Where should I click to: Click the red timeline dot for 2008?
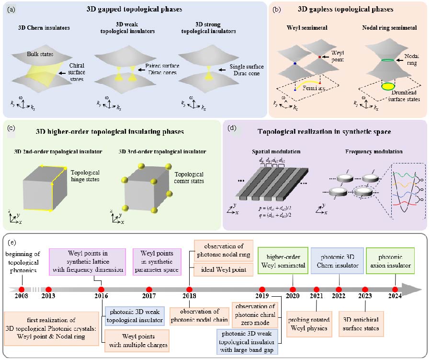(x=21, y=289)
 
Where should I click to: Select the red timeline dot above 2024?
(x=395, y=289)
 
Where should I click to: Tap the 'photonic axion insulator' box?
(x=394, y=260)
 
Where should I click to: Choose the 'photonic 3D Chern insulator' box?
(x=335, y=260)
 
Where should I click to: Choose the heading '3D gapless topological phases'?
(x=346, y=9)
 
